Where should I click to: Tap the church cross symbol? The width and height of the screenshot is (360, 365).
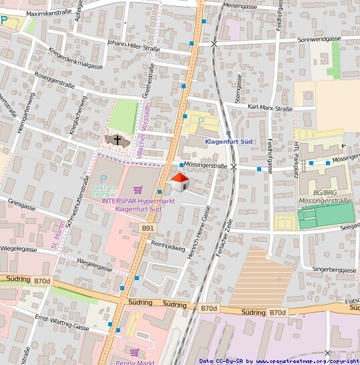coord(118,140)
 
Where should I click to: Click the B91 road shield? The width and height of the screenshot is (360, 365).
coord(148,229)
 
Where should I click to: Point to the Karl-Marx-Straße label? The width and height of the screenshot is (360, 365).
coord(271,107)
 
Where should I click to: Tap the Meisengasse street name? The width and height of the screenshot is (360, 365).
coord(240,5)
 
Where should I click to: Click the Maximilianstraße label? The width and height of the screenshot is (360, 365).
coord(49,13)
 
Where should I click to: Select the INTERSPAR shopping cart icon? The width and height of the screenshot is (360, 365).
coord(138,189)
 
